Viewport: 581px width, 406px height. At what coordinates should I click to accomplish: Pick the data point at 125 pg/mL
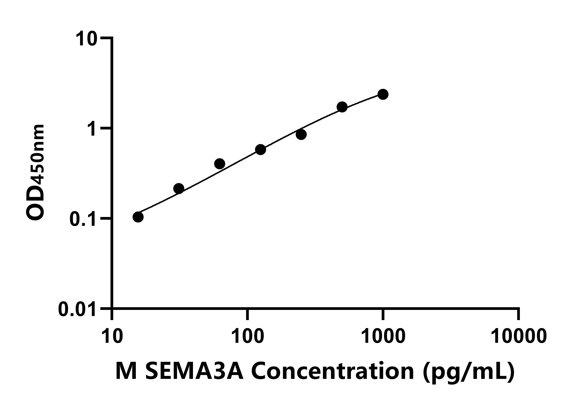[260, 150]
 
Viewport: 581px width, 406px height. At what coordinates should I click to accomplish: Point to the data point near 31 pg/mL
[179, 188]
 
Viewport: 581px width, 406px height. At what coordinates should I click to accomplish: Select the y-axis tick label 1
[92, 129]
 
